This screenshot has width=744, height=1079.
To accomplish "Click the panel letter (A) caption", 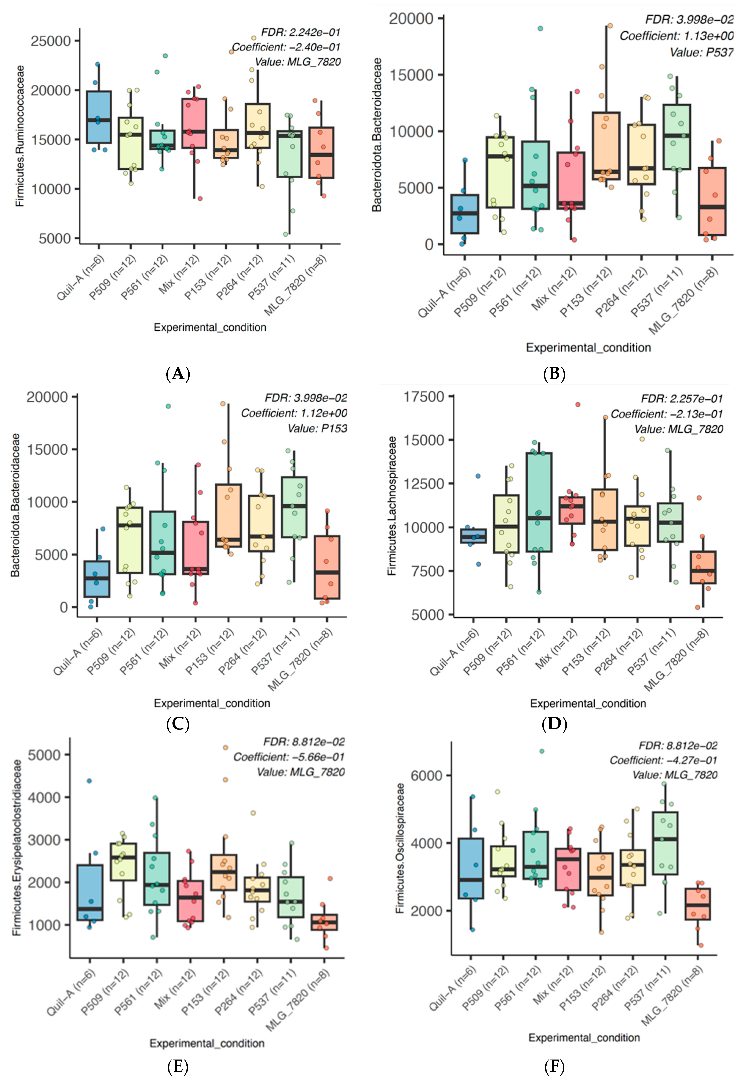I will (178, 374).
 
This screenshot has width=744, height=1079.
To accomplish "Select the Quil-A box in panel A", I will (99, 117).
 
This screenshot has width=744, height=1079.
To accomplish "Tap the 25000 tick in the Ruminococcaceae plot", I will (50, 41).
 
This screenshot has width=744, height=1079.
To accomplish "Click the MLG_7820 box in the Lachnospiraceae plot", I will (703, 567).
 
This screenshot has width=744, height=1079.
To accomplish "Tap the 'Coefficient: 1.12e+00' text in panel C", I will (294, 413).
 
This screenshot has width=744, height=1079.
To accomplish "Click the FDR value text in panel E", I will (304, 741).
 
